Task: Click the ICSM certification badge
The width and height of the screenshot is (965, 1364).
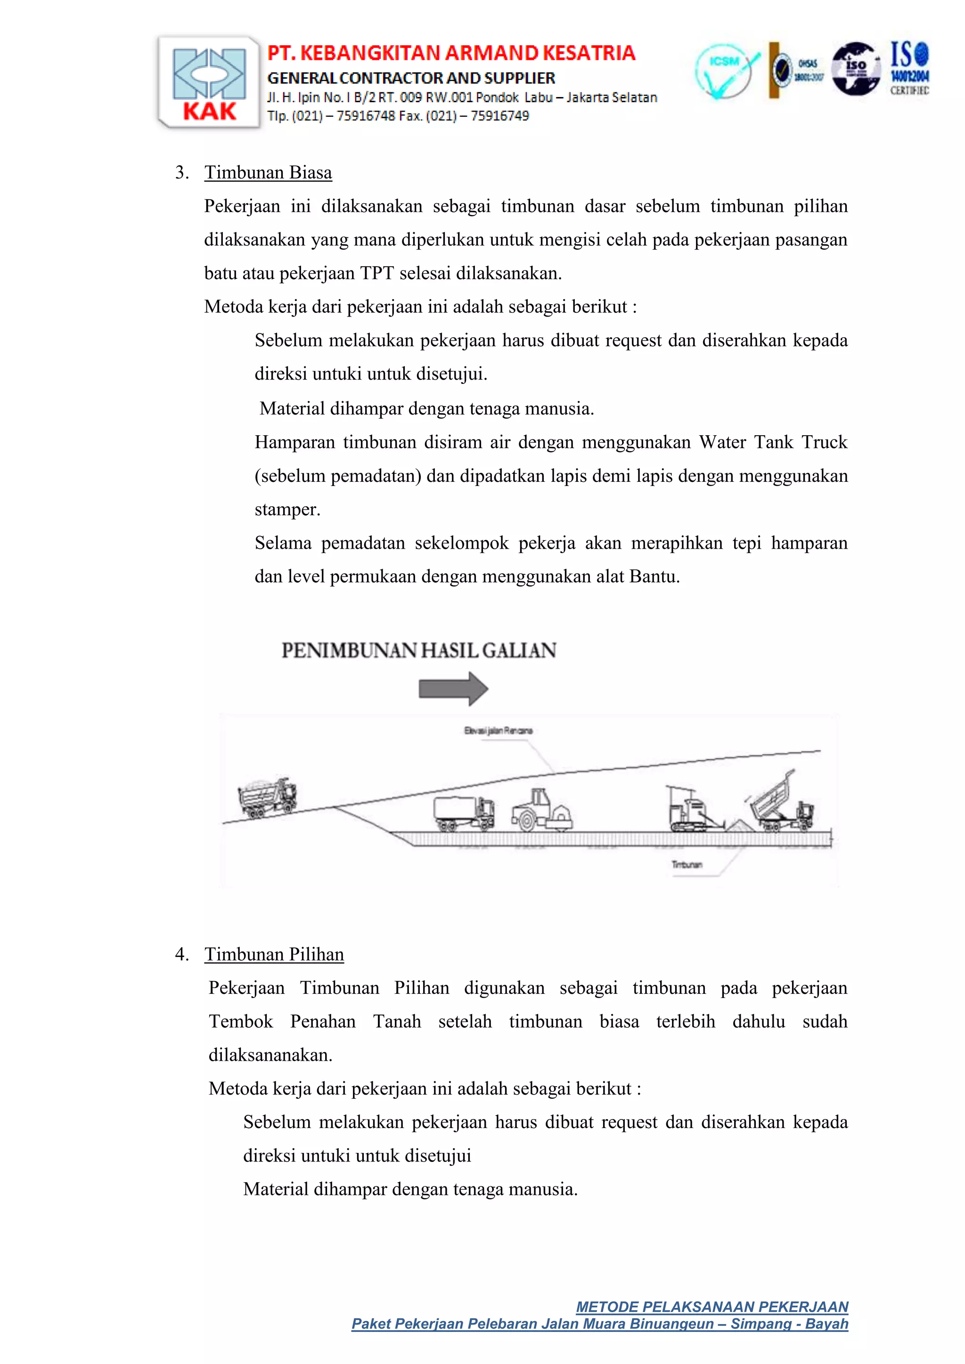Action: [724, 71]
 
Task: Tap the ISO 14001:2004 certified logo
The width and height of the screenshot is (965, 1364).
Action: [909, 68]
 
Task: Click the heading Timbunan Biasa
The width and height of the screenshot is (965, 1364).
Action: [268, 172]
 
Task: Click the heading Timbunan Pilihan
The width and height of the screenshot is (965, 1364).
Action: [274, 954]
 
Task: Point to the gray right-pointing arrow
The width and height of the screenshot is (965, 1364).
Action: [453, 689]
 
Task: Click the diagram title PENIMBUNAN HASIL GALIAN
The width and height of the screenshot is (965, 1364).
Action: [418, 650]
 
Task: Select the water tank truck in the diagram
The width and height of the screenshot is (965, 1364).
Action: [464, 812]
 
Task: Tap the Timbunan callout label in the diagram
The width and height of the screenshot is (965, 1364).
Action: [687, 864]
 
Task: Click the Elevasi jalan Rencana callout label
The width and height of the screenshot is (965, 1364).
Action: [498, 730]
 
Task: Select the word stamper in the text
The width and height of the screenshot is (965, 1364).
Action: [287, 510]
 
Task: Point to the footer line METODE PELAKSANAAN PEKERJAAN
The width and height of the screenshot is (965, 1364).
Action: [712, 1307]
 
